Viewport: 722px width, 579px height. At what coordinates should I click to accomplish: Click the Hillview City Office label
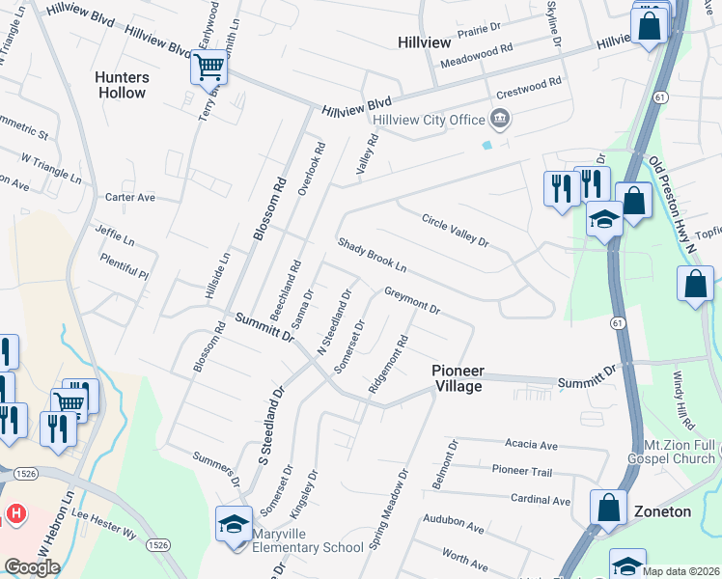click(430, 119)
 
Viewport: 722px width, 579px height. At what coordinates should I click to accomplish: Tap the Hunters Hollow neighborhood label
click(122, 85)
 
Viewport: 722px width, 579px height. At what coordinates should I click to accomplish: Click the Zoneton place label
click(662, 511)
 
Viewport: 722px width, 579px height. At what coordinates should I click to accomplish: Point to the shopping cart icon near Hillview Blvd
click(208, 68)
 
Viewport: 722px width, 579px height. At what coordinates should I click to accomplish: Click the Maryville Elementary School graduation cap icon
click(233, 524)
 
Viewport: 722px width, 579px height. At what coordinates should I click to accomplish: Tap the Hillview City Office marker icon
click(500, 119)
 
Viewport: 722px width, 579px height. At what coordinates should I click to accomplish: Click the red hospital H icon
click(16, 512)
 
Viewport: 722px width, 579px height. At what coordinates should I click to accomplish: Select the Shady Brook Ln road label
click(372, 254)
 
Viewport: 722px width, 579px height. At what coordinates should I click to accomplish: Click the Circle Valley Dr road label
click(455, 231)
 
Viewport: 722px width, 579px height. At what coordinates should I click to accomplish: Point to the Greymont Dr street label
click(412, 300)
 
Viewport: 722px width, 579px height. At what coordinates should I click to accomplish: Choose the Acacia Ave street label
click(532, 445)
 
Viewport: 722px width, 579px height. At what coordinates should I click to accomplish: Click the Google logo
click(32, 566)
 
